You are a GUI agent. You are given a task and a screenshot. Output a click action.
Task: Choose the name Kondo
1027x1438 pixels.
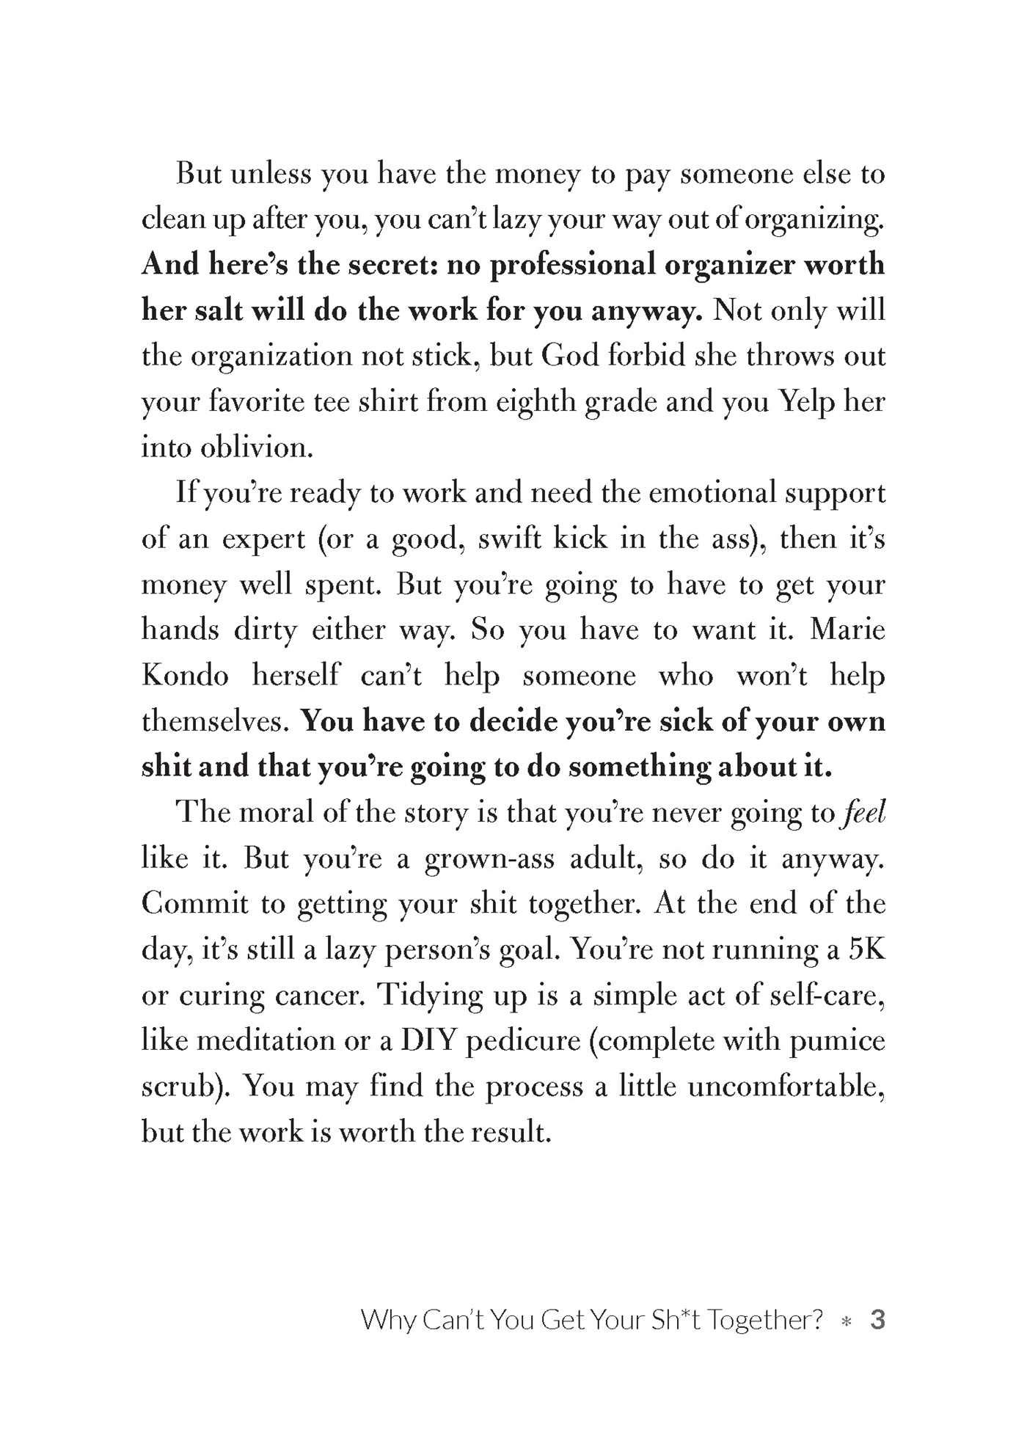point(185,676)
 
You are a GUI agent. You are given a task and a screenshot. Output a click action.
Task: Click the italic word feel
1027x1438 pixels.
point(865,812)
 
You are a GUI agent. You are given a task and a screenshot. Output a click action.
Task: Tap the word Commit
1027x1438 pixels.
point(195,903)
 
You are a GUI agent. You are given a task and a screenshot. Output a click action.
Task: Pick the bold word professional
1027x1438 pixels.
point(572,265)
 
